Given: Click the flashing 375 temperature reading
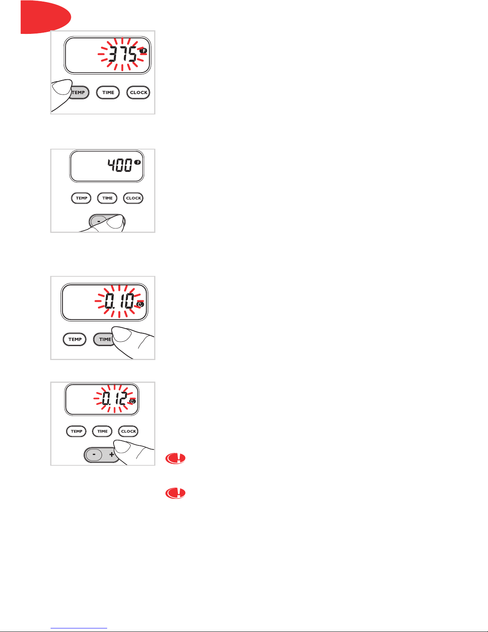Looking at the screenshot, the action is click(x=123, y=54).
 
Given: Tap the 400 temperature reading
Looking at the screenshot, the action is click(x=120, y=165).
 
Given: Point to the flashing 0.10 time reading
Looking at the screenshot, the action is click(x=120, y=301).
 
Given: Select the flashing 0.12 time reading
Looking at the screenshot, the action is click(x=115, y=398).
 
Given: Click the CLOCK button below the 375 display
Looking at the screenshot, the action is click(x=138, y=93).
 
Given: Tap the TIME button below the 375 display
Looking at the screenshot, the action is click(x=108, y=93).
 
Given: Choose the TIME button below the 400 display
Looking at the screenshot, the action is click(x=107, y=198).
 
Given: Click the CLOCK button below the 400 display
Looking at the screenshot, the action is click(x=133, y=198).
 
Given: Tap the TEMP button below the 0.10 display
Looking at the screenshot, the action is click(x=74, y=339).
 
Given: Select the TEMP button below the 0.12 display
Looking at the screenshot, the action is click(x=76, y=431).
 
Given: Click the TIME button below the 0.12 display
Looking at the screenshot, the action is click(x=102, y=431).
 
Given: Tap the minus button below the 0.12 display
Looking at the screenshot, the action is click(x=94, y=454).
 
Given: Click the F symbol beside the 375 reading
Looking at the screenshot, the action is click(x=143, y=51).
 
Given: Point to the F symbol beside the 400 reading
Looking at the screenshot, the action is click(x=138, y=162).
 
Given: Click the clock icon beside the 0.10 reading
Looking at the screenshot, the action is click(x=140, y=304).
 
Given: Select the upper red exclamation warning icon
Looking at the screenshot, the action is click(x=175, y=459).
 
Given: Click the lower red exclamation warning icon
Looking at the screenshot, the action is click(x=175, y=493).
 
